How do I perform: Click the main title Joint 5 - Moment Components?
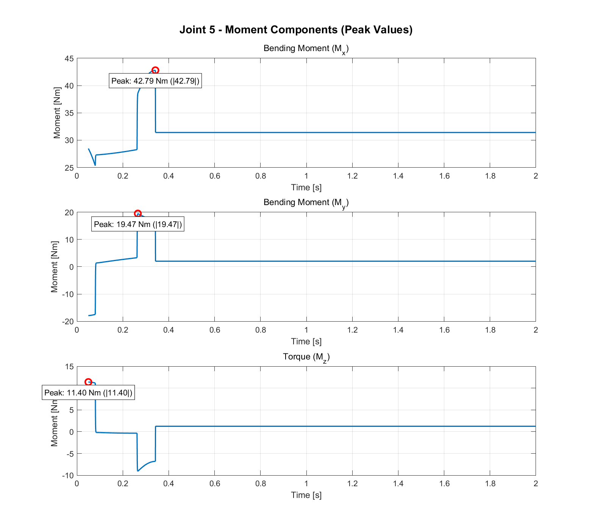coord(296,30)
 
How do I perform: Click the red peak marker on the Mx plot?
coord(155,70)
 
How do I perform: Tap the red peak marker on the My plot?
coord(138,214)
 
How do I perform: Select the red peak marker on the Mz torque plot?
coord(88,382)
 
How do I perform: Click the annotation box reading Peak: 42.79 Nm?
coord(155,81)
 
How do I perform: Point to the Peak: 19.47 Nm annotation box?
coord(138,224)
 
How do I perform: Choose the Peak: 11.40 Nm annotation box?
coord(88,393)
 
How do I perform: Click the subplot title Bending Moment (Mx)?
coord(306,49)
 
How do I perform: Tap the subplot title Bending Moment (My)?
coord(306,203)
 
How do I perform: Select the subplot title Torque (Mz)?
coord(306,357)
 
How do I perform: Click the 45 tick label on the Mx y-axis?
coord(69,59)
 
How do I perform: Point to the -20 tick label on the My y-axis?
coord(68,322)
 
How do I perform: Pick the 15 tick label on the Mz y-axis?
coord(69,367)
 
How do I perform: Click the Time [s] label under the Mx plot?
coord(306,188)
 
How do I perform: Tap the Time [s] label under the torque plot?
coord(306,495)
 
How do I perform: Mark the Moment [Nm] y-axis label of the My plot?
coord(55,266)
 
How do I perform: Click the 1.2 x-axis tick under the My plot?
coord(352,330)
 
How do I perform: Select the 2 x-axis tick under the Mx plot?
coord(536,176)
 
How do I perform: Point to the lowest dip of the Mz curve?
coord(138,471)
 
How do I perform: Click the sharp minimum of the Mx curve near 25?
coord(95,165)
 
